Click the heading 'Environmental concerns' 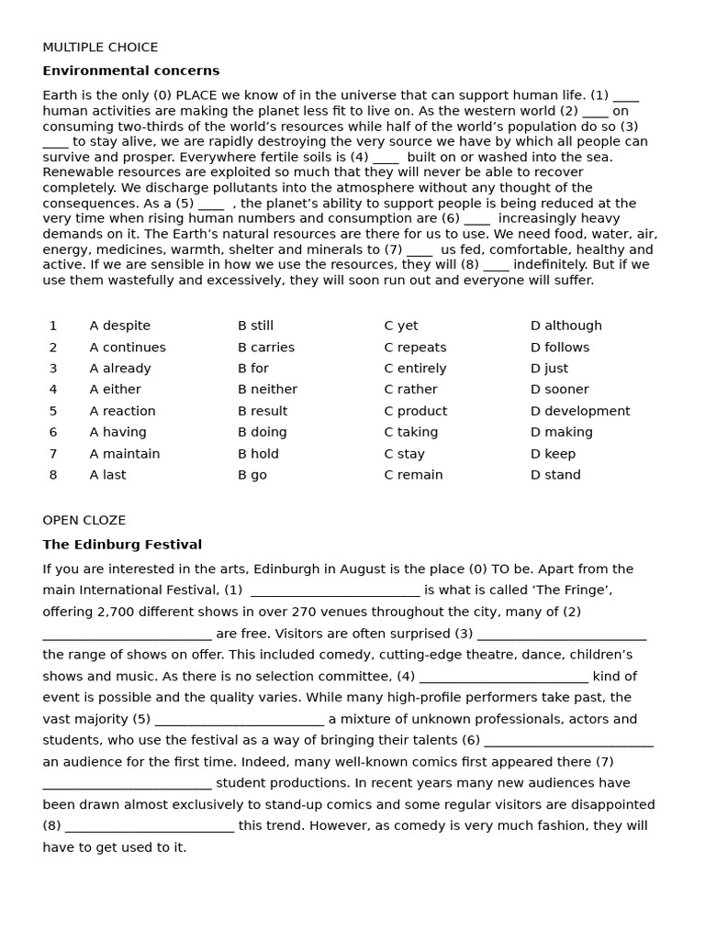click(130, 72)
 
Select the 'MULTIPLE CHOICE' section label click(100, 48)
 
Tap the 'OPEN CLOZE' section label click(84, 521)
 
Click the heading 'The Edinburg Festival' click(122, 545)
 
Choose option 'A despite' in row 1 click(119, 326)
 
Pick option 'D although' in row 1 click(565, 326)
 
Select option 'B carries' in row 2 click(266, 348)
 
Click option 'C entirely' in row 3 click(415, 369)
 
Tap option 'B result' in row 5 click(263, 412)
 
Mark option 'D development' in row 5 click(580, 412)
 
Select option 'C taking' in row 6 click(410, 433)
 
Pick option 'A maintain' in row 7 click(125, 454)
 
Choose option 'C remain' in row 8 click(413, 475)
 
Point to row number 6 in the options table click(53, 433)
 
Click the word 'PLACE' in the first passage click(196, 95)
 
